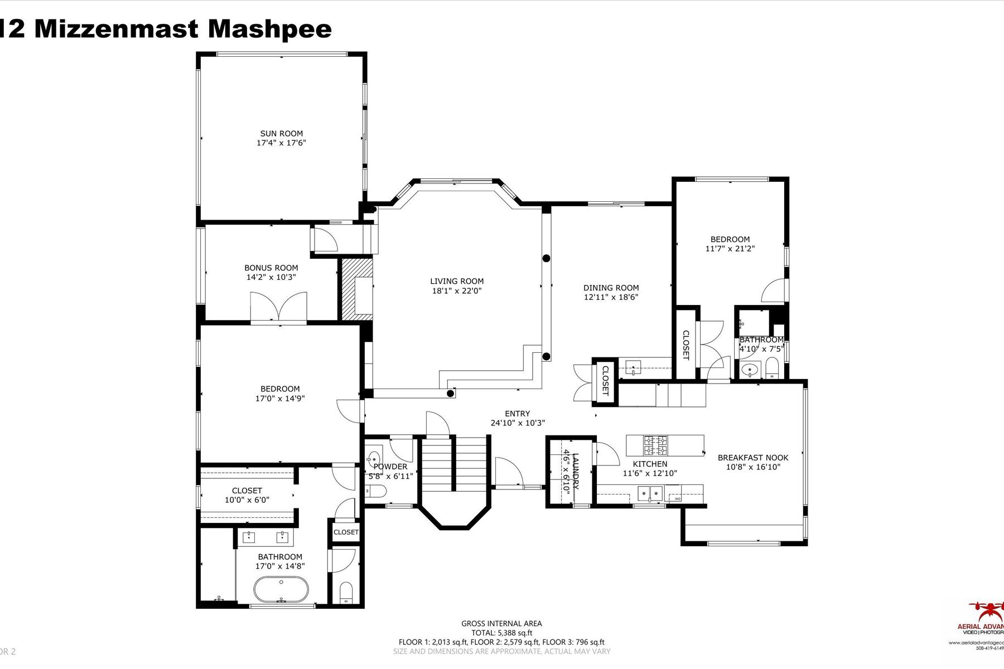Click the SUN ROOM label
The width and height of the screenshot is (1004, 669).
pyautogui.click(x=281, y=133)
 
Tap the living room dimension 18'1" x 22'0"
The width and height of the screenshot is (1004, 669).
pyautogui.click(x=456, y=291)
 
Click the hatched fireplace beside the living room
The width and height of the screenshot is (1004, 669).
pyautogui.click(x=356, y=289)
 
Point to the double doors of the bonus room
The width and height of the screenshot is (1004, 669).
pyautogui.click(x=278, y=308)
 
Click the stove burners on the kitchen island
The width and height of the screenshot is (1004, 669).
pyautogui.click(x=656, y=444)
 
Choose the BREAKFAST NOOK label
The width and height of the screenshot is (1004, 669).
pyautogui.click(x=752, y=458)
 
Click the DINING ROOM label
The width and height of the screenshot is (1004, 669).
pyautogui.click(x=611, y=288)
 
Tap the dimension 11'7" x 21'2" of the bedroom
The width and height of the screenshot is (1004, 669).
pyautogui.click(x=730, y=249)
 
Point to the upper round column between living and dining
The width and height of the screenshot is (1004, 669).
pyautogui.click(x=547, y=258)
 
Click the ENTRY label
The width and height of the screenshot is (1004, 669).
pyautogui.click(x=517, y=414)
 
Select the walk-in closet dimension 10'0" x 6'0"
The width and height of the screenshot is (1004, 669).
pyautogui.click(x=247, y=500)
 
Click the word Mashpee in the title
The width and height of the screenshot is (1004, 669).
pyautogui.click(x=269, y=29)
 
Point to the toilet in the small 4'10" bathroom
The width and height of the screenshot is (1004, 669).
pyautogui.click(x=772, y=368)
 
